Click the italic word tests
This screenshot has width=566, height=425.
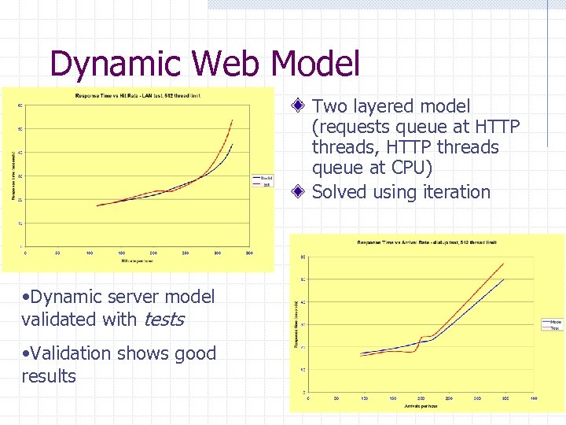click(164, 319)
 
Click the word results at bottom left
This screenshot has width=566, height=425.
click(49, 376)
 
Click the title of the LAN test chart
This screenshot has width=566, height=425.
click(138, 96)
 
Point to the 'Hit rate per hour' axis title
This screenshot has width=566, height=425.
click(137, 260)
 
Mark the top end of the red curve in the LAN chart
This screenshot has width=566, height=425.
click(232, 120)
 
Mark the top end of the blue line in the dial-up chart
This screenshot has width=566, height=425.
click(503, 279)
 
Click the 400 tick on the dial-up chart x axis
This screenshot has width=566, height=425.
click(532, 398)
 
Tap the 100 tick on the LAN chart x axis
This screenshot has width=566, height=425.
click(90, 253)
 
